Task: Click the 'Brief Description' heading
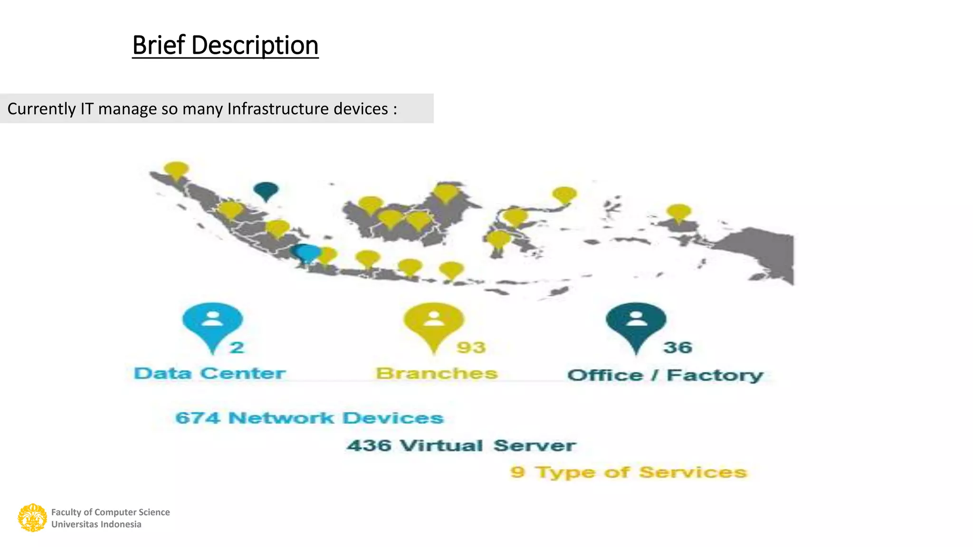pyautogui.click(x=225, y=46)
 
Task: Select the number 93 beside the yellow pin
pyautogui.click(x=471, y=348)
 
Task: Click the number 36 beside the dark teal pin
pyautogui.click(x=677, y=348)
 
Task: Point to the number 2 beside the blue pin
pyautogui.click(x=237, y=348)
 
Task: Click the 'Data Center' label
pyautogui.click(x=210, y=373)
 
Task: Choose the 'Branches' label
pyautogui.click(x=437, y=374)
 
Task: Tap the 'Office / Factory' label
pyautogui.click(x=665, y=375)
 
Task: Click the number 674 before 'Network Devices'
pyautogui.click(x=197, y=418)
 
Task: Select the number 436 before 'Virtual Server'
pyautogui.click(x=369, y=445)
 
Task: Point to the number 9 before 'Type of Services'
pyautogui.click(x=517, y=472)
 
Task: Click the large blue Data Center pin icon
pyautogui.click(x=212, y=323)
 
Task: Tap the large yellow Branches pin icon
pyautogui.click(x=433, y=323)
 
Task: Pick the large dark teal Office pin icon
pyautogui.click(x=636, y=323)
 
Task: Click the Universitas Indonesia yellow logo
pyautogui.click(x=32, y=518)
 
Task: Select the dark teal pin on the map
pyautogui.click(x=266, y=190)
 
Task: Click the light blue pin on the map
pyautogui.click(x=309, y=253)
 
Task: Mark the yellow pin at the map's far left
pyautogui.click(x=176, y=170)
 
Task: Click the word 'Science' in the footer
pyautogui.click(x=154, y=512)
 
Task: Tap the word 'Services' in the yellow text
pyautogui.click(x=693, y=472)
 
